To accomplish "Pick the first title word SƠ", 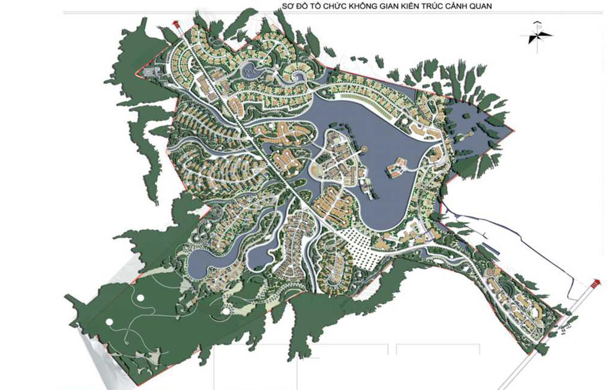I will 287,6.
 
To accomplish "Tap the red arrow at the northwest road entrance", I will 176,24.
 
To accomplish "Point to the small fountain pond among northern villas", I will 250,71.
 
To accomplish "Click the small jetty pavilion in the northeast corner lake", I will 467,135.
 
